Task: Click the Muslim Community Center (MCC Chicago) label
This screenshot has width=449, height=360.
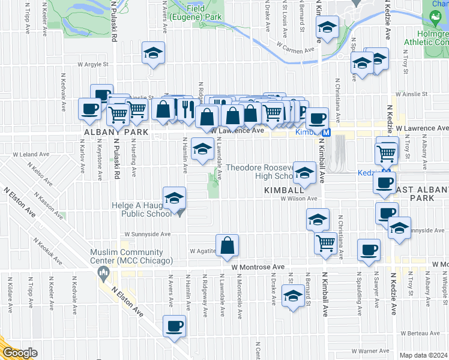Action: point(131,257)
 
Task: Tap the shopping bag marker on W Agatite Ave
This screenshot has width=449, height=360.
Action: point(228,245)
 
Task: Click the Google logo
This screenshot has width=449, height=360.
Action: point(20,353)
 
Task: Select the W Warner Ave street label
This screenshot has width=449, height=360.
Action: point(371,350)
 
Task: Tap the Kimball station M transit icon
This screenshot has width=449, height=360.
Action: point(326,133)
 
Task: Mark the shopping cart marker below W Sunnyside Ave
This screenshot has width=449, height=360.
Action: point(325,243)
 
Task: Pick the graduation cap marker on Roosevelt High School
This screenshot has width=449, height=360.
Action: point(305,173)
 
